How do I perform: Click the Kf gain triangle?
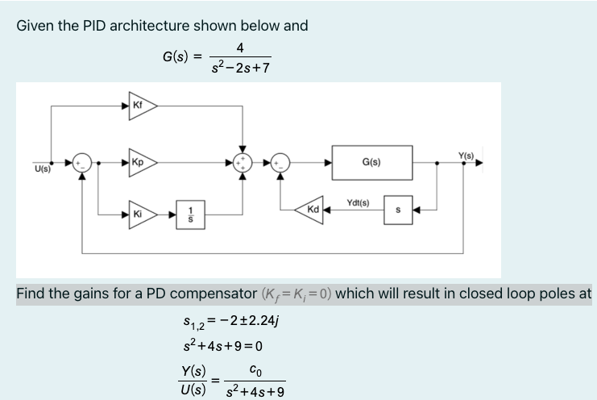(140, 105)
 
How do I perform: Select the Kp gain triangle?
(140, 163)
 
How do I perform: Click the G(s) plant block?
(371, 163)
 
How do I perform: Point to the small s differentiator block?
(398, 210)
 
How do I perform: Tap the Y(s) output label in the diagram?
(465, 154)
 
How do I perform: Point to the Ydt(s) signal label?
(357, 202)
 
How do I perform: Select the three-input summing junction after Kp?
(243, 163)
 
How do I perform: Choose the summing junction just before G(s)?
(280, 163)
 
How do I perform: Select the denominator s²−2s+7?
(239, 67)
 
